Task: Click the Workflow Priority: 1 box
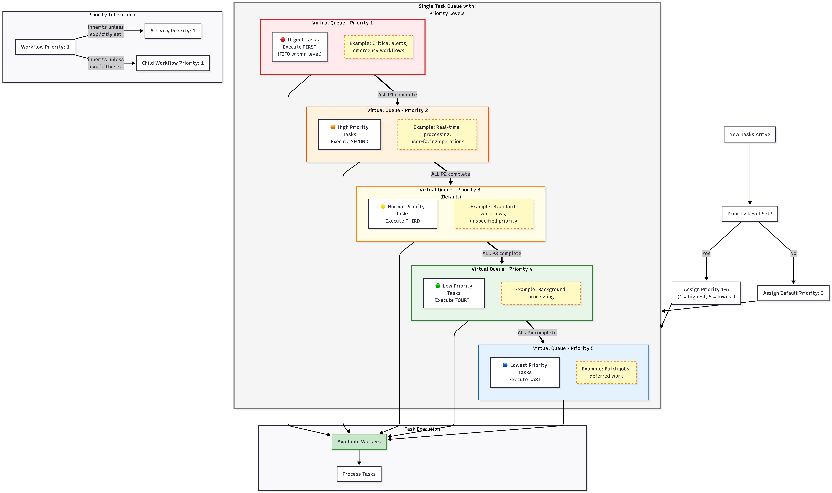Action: tap(45, 47)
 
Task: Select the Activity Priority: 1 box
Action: tap(173, 31)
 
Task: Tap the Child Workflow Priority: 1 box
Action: tap(173, 63)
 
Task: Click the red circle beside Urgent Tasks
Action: tap(283, 39)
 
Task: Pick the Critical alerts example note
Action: tap(378, 47)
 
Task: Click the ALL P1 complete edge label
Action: tap(397, 95)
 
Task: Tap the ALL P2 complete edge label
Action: tap(451, 174)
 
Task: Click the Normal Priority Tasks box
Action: tap(402, 214)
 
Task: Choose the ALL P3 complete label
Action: tap(502, 254)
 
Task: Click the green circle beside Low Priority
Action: tap(438, 286)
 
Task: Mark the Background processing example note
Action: tap(541, 293)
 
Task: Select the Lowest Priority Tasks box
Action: tap(525, 372)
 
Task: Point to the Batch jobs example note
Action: tap(606, 372)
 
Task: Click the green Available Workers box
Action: tap(359, 442)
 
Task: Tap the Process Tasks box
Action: tap(359, 474)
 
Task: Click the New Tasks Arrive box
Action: tap(750, 135)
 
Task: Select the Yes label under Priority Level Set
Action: tap(706, 254)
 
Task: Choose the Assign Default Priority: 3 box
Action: tap(793, 293)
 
